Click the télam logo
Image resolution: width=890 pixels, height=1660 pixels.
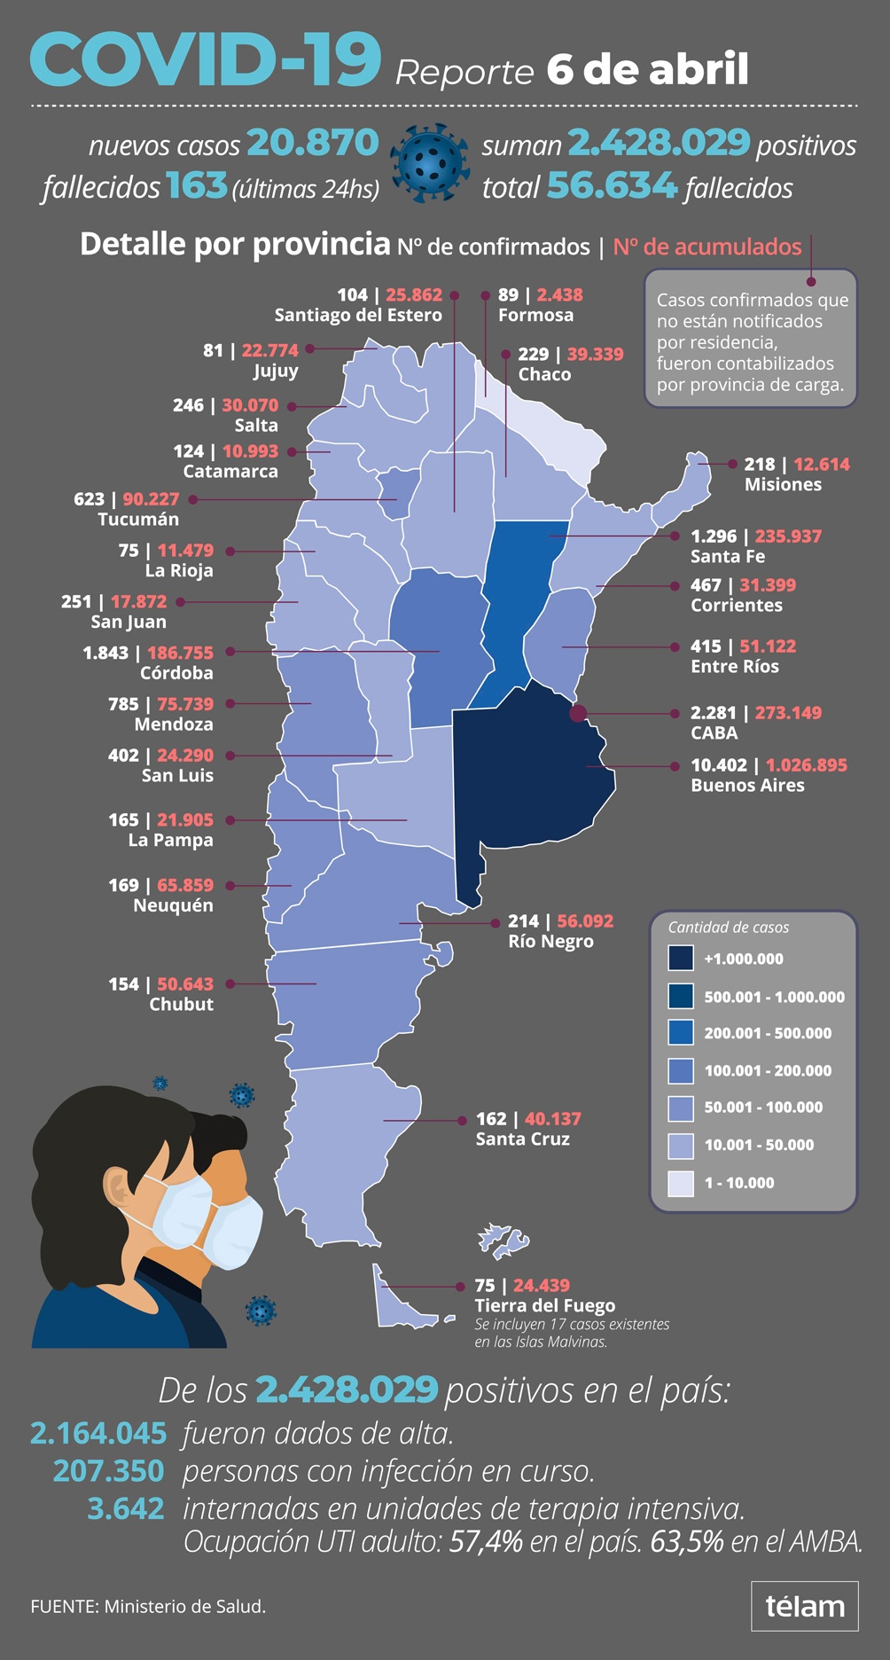805,1606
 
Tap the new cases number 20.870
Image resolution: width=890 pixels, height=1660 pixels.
312,143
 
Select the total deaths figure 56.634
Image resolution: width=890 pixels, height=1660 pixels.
611,186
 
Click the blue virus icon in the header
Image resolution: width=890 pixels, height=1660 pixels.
430,163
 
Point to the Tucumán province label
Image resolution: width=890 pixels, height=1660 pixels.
138,520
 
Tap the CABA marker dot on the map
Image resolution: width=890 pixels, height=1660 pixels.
578,713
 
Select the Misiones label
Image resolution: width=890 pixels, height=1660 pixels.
783,485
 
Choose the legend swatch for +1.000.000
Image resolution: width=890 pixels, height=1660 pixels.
681,959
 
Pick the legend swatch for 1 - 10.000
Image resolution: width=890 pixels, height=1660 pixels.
681,1183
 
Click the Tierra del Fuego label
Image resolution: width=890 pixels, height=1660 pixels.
544,1306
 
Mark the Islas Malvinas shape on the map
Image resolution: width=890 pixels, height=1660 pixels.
503,1241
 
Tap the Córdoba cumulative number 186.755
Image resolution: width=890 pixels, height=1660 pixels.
180,653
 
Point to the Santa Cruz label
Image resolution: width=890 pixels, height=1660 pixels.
523,1139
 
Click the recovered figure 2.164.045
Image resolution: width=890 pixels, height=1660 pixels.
98,1433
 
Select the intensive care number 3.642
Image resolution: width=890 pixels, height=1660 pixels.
126,1508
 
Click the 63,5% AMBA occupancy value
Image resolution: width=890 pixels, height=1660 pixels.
687,1542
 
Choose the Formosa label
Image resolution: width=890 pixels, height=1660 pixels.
535,316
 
